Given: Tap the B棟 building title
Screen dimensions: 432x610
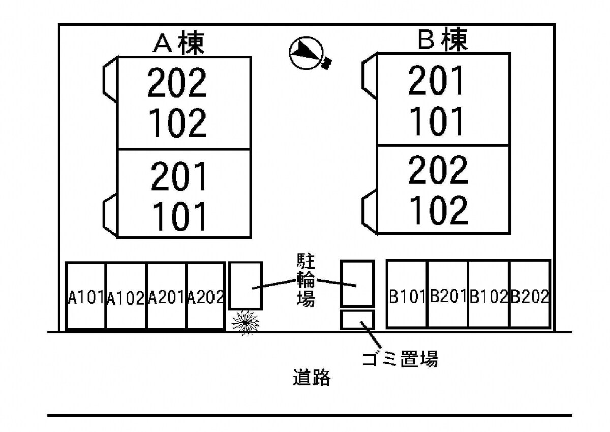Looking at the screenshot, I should [x=442, y=41].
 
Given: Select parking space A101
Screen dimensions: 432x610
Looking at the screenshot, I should [x=86, y=297].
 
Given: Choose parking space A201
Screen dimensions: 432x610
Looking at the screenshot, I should [x=166, y=297].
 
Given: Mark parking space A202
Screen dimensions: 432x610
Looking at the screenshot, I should [x=206, y=297].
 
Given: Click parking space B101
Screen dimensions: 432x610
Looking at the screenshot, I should [x=407, y=296].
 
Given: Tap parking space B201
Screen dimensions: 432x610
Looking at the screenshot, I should [x=448, y=296].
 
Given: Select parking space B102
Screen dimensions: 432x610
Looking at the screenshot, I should [x=489, y=296].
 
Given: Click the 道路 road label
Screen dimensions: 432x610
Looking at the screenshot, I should [x=312, y=378].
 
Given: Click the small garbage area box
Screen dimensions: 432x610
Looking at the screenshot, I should [x=357, y=320].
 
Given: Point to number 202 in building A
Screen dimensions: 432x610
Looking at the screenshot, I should [x=177, y=82].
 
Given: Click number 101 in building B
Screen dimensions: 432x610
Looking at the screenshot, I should [x=437, y=121].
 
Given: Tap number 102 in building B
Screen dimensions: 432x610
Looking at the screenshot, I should [x=438, y=210].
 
